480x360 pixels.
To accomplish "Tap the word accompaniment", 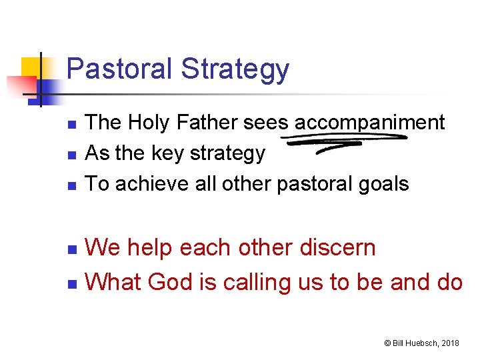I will tap(369, 123).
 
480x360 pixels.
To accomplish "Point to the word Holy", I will tap(149, 123).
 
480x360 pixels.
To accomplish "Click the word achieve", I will tap(145, 184).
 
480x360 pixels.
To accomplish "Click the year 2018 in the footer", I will tap(449, 343).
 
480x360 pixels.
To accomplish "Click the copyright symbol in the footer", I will tap(387, 343).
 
